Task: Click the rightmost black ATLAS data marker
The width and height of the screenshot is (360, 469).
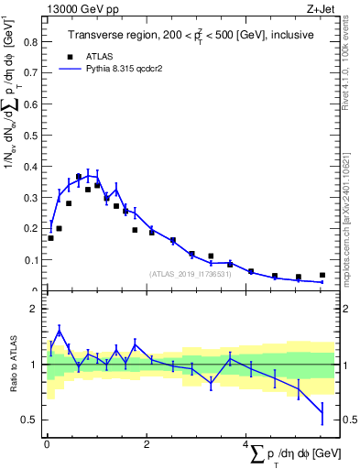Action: (x=322, y=275)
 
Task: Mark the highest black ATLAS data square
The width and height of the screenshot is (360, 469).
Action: (x=79, y=177)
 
